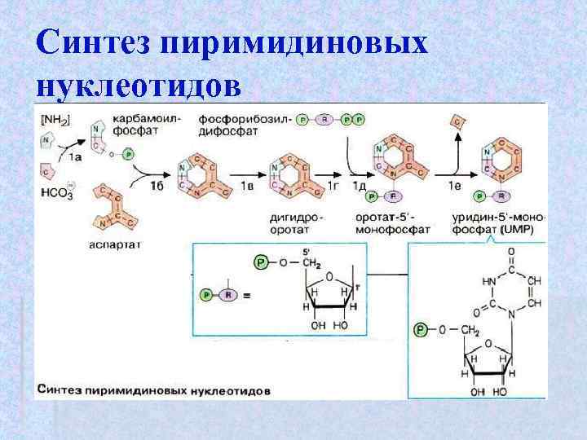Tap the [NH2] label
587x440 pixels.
click(x=55, y=120)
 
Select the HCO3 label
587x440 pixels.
click(x=54, y=194)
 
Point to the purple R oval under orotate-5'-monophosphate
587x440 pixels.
click(x=394, y=196)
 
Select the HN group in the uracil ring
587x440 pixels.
click(x=490, y=280)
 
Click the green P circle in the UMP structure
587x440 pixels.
click(x=420, y=330)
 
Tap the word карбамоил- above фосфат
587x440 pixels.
click(x=136, y=120)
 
